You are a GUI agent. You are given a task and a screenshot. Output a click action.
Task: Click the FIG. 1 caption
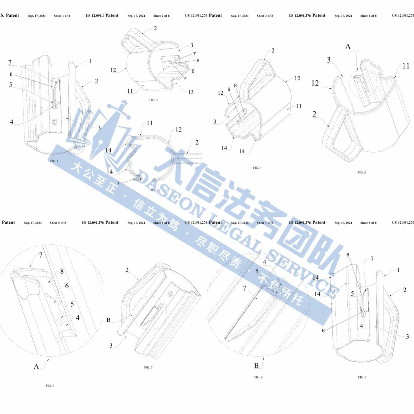[x=54, y=161]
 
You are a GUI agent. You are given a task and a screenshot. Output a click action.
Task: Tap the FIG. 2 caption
[x=154, y=100]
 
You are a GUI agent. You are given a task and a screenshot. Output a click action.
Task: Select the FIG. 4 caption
[x=257, y=168]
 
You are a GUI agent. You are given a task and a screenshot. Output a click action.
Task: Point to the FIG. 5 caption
[x=361, y=172]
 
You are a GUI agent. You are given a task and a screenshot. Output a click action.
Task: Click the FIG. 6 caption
[x=50, y=385]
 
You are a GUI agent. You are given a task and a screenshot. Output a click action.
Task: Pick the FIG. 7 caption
[x=148, y=367]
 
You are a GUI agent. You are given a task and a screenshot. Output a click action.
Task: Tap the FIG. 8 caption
[x=258, y=377]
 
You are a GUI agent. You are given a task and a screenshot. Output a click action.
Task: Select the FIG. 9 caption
[x=362, y=377]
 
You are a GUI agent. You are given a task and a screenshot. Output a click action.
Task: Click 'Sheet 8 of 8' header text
[x=368, y=223]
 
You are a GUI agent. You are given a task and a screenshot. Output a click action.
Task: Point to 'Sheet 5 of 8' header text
[x=58, y=223]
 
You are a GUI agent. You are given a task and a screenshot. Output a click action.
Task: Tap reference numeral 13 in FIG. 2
[x=191, y=92]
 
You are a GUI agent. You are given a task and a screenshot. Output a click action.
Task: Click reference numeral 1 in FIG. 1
[x=90, y=61]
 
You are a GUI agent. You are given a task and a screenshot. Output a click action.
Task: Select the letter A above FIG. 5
[x=348, y=46]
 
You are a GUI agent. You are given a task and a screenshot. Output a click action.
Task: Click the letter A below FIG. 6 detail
[x=36, y=366]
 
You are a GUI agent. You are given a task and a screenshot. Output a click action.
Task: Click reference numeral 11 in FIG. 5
[x=406, y=66]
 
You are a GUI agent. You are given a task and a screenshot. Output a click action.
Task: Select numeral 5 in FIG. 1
[x=11, y=85]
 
